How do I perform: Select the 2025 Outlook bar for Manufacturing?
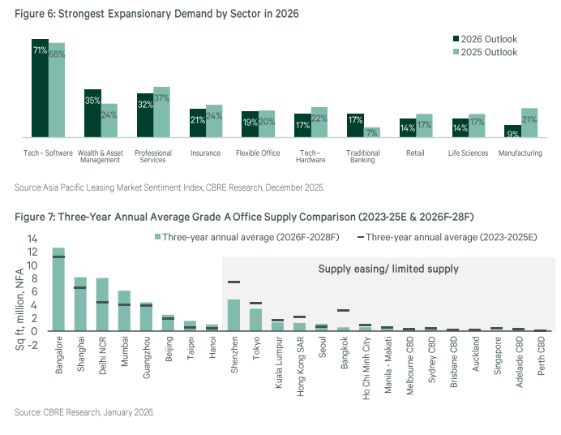(529, 123)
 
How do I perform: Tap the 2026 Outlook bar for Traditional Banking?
(354, 125)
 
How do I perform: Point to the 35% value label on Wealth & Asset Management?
(92, 101)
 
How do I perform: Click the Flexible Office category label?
(258, 153)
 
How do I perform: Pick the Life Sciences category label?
(468, 153)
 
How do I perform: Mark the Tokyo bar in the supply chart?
(255, 320)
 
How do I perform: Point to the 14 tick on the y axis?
(33, 239)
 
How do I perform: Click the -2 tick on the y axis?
(33, 343)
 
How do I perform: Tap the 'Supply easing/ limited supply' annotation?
(388, 269)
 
